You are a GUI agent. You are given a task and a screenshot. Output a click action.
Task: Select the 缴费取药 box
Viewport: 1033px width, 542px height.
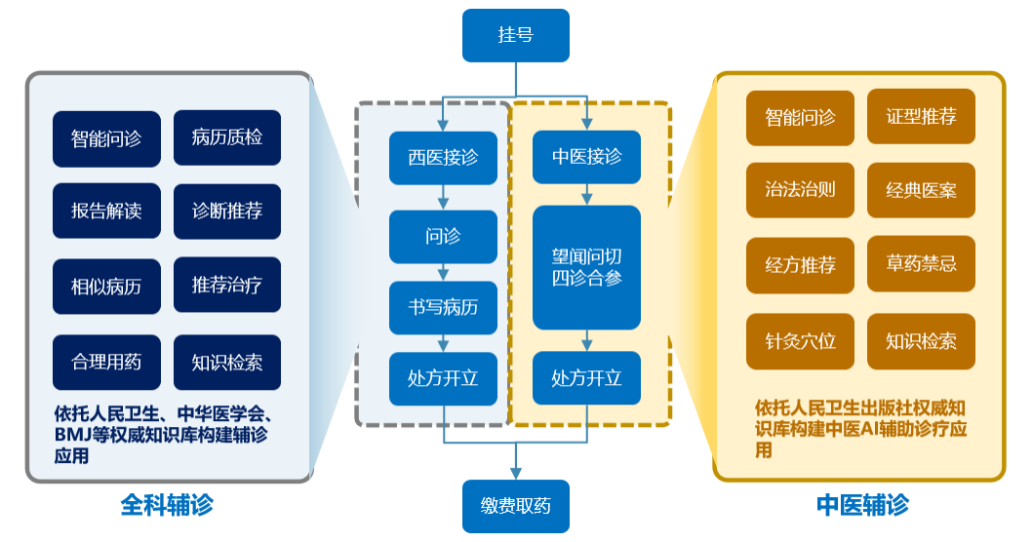click(515, 506)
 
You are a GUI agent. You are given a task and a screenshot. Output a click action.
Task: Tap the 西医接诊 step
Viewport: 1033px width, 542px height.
click(443, 158)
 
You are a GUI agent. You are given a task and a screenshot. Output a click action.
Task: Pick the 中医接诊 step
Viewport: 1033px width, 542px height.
click(586, 158)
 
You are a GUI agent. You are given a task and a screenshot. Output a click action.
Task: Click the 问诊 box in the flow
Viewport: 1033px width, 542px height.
click(443, 236)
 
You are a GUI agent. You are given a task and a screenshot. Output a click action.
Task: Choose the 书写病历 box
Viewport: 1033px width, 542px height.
click(443, 309)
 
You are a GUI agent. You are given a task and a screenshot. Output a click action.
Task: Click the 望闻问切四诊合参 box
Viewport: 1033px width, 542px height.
click(586, 267)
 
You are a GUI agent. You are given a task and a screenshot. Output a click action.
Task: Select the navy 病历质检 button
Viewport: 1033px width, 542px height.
click(226, 137)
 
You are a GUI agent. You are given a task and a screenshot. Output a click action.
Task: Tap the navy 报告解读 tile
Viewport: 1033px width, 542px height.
click(106, 212)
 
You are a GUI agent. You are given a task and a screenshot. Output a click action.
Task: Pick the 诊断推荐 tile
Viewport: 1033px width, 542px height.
click(226, 212)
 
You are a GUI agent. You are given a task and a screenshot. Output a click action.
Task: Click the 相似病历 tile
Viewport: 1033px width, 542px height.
click(106, 286)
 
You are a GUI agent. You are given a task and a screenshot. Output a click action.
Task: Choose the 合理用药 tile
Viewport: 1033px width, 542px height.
click(106, 362)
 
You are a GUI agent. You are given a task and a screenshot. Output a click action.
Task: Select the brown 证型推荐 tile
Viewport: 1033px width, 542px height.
click(921, 118)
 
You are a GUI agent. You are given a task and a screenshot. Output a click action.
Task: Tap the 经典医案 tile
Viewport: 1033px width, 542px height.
click(921, 190)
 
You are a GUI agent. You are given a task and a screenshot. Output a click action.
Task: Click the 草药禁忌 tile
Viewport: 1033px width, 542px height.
click(921, 264)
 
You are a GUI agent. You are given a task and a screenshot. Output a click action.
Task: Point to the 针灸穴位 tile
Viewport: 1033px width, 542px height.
click(800, 341)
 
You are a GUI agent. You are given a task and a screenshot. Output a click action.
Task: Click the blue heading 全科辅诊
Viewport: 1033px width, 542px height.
click(167, 505)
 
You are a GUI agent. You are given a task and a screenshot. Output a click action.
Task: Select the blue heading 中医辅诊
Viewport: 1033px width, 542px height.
click(862, 505)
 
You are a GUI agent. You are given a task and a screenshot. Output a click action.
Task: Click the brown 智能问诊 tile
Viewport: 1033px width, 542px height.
click(800, 118)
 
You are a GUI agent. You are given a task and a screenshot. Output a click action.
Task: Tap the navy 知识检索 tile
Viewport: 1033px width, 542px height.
click(226, 362)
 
